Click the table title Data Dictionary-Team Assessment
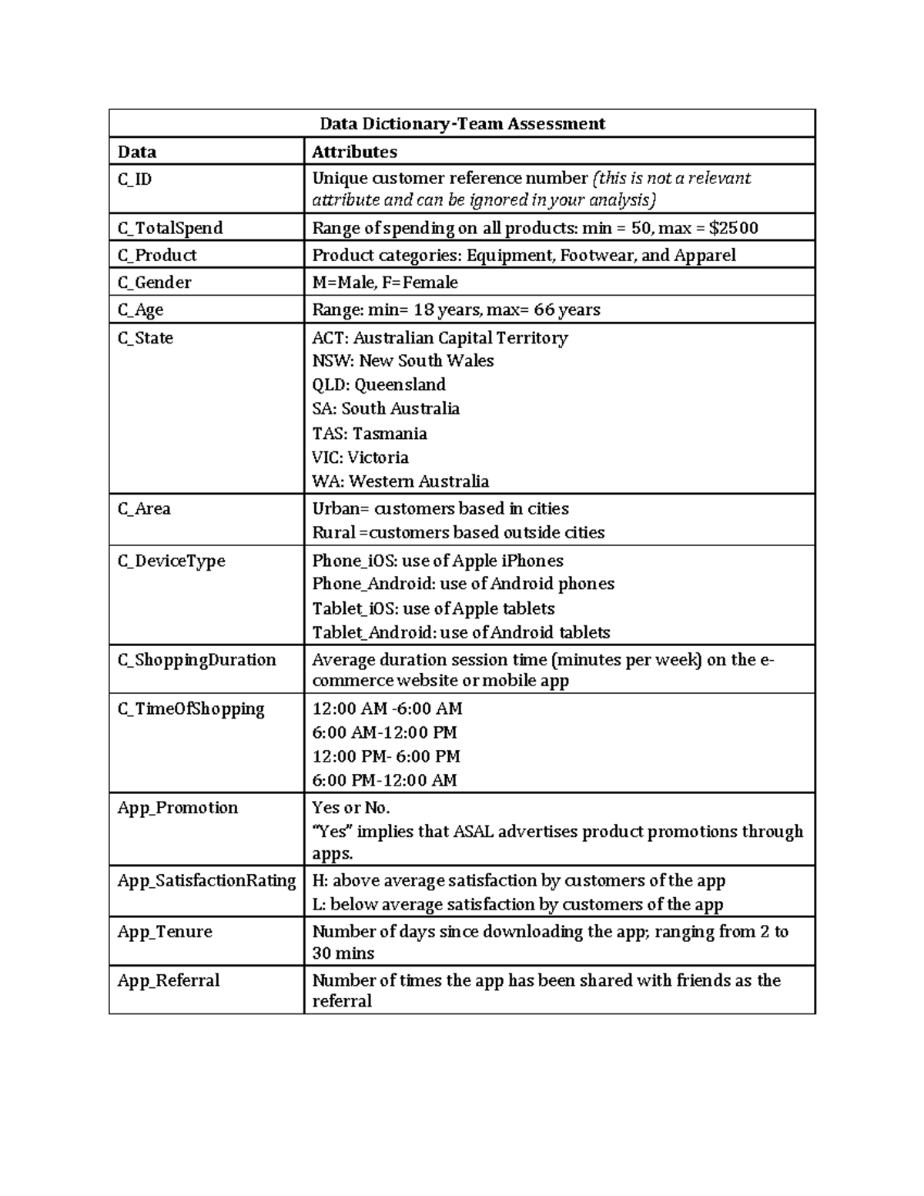tap(462, 124)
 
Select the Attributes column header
tap(354, 152)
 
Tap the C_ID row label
tap(135, 179)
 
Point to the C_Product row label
tap(157, 256)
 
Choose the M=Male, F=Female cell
tap(385, 283)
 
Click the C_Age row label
tap(140, 310)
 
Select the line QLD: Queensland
tap(379, 384)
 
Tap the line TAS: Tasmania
tap(370, 434)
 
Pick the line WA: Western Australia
tap(400, 481)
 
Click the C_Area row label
tap(144, 509)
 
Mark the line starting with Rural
tap(458, 533)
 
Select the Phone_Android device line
tap(463, 584)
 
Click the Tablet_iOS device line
tap(433, 608)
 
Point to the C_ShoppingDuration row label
tap(196, 660)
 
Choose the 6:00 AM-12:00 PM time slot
tap(384, 732)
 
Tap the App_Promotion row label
tap(178, 808)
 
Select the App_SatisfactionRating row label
tap(206, 881)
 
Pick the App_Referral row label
tap(169, 980)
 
